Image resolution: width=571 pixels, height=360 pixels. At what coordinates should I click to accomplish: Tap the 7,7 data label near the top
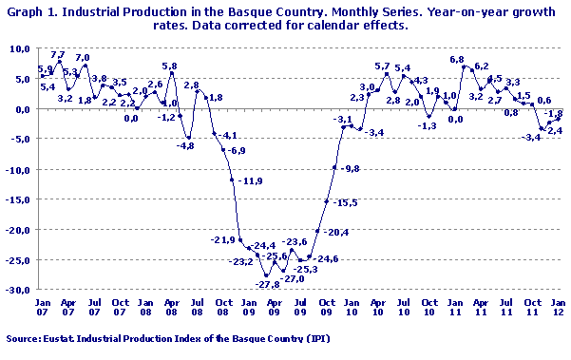coord(57,54)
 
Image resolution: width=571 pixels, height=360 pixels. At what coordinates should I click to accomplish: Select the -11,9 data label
coord(251,180)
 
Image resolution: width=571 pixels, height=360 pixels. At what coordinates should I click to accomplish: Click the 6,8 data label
coord(456,60)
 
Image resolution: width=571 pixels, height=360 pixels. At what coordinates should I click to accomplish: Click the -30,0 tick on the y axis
coord(19,290)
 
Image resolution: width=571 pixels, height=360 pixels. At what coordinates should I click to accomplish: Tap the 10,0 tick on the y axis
coord(21,48)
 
